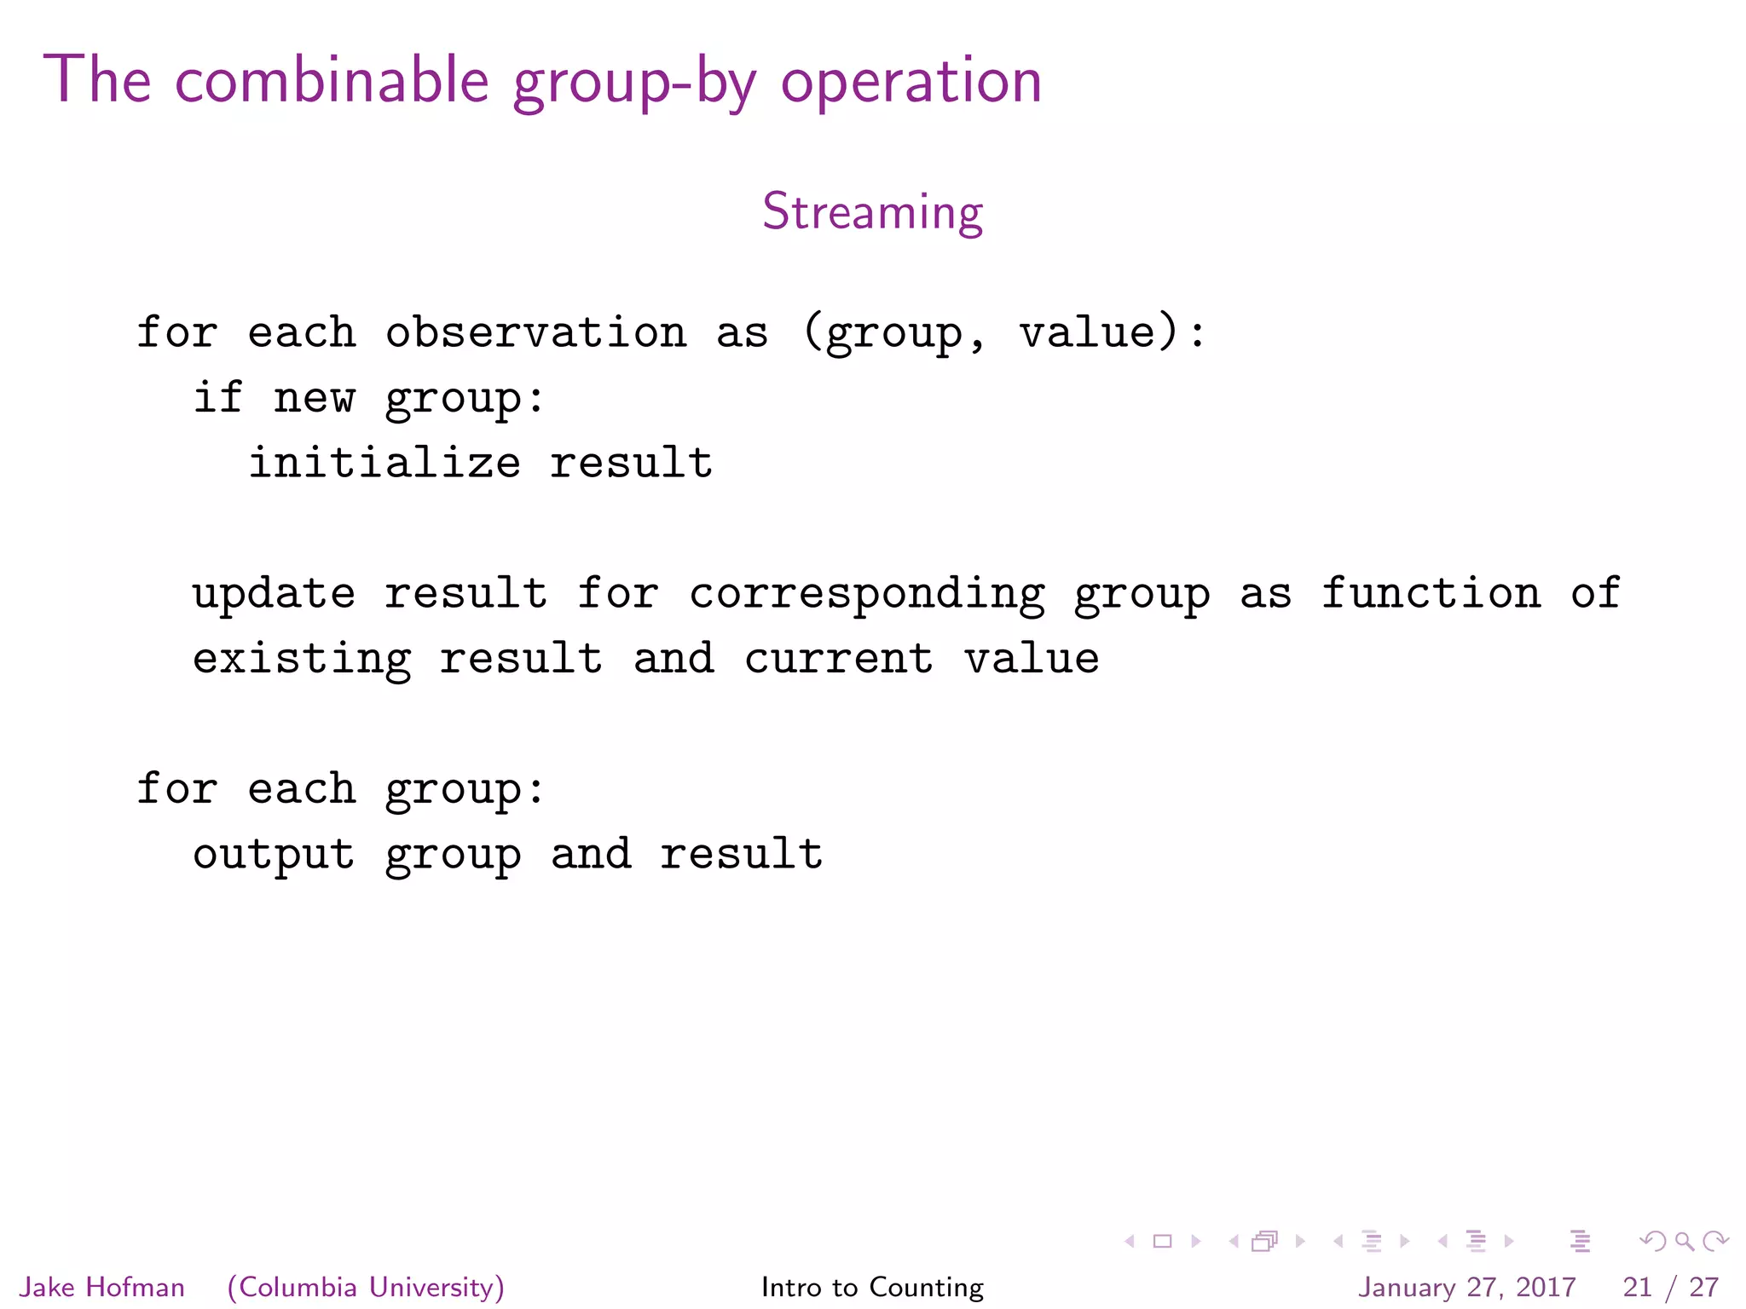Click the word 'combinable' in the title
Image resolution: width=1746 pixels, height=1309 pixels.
click(x=332, y=81)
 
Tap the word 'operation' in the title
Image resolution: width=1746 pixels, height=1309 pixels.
click(x=911, y=83)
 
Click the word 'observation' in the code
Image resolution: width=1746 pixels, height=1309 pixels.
click(x=535, y=332)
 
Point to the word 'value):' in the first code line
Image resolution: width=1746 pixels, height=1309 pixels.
click(x=1113, y=332)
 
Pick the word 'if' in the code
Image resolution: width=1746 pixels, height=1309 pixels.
click(x=218, y=398)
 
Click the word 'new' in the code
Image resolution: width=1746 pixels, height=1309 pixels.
click(x=314, y=398)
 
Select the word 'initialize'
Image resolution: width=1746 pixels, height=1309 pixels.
click(x=384, y=463)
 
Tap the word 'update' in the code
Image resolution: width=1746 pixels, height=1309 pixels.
click(x=274, y=594)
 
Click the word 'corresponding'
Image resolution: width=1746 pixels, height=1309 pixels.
click(x=867, y=594)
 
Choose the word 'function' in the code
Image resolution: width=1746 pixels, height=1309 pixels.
click(x=1431, y=594)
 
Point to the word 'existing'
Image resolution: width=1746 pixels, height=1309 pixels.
click(x=302, y=660)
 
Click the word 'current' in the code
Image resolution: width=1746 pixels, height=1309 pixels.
click(x=839, y=660)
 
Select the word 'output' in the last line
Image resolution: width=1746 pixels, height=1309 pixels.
click(x=274, y=855)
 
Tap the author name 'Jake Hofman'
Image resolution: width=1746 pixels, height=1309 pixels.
click(x=102, y=1287)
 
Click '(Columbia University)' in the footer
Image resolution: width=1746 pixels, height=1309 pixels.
click(x=366, y=1287)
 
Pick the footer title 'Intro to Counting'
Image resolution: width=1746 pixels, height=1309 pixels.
click(x=872, y=1287)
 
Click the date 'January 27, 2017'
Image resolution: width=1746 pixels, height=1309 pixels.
click(x=1466, y=1287)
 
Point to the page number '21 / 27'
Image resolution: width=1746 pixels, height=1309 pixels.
click(x=1670, y=1287)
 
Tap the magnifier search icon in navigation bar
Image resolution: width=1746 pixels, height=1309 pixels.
click(x=1684, y=1242)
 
